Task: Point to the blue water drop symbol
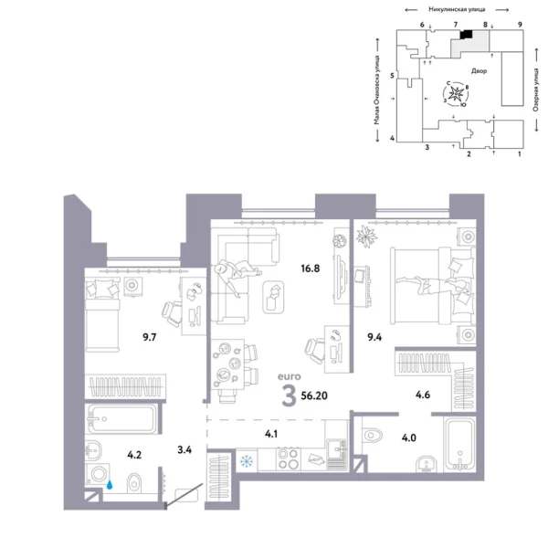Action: click(110, 487)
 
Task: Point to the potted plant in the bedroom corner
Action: click(367, 237)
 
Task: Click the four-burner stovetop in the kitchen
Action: click(287, 459)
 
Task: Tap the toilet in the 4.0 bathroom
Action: click(374, 432)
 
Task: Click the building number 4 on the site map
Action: click(392, 138)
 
